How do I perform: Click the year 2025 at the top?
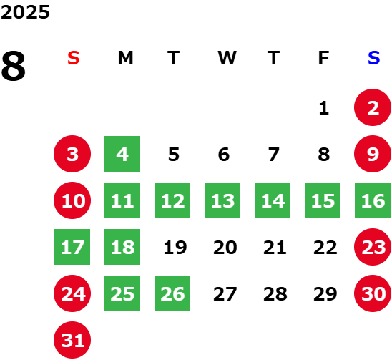coord(25,12)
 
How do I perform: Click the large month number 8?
coord(14,66)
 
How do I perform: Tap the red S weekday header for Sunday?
coord(74,58)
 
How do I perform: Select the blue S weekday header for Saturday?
coord(373,58)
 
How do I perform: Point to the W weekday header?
coord(227,58)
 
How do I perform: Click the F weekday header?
coord(323,58)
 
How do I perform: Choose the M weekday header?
coord(125,58)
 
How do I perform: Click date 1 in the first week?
coord(324,108)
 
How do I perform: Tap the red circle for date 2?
coord(373,107)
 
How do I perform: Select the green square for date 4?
coord(122,154)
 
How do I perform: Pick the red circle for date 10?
coord(72,200)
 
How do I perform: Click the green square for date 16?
coord(373,200)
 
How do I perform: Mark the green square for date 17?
coord(72,247)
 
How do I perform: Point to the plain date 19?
coord(175,248)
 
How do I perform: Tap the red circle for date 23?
coord(373,247)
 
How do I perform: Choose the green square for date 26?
coord(172,293)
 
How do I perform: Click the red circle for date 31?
coord(72,340)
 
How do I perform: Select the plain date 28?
coord(275,294)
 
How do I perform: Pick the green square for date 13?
coord(222,200)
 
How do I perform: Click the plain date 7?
coord(274,155)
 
